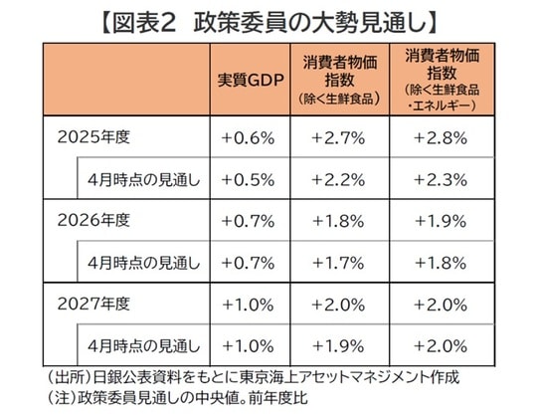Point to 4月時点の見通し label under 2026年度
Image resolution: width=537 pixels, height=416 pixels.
144,262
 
